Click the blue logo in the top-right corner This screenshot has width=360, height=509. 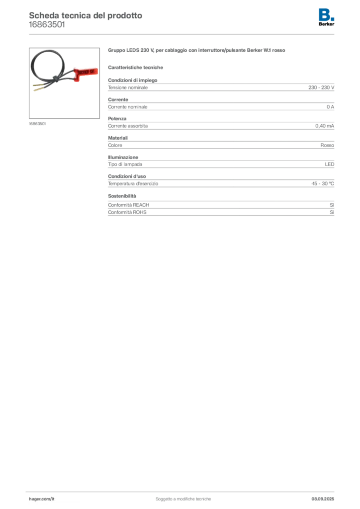(327, 14)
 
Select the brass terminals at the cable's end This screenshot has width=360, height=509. (38, 89)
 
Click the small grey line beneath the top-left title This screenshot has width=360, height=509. (47, 28)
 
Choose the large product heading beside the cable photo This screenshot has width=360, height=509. (196, 51)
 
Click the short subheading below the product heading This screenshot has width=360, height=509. (137, 67)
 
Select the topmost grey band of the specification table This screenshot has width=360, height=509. (221, 87)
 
